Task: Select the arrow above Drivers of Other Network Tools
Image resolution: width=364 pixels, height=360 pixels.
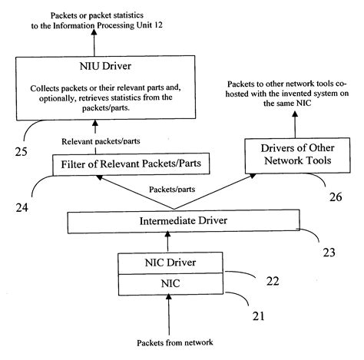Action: tap(290, 123)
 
